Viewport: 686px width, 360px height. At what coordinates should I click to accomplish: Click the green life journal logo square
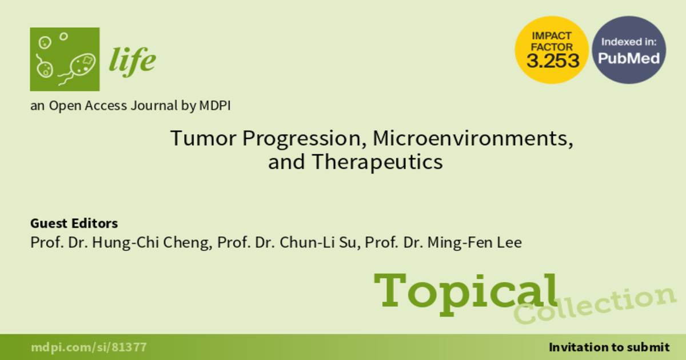65,59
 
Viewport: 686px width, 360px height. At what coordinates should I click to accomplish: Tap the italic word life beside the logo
132,61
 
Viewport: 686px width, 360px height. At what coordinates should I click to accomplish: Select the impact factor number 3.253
553,61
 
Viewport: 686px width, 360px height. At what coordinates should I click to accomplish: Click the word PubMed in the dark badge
629,58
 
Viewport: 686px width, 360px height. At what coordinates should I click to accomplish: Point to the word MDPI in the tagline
215,106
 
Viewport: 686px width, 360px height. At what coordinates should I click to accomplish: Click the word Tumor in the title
204,138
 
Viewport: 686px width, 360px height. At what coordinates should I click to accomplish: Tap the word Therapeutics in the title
377,162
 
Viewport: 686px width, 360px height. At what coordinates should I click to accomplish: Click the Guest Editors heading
74,223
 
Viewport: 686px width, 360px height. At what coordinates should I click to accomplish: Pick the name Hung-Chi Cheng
152,242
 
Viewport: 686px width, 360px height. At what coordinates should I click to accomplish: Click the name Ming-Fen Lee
474,242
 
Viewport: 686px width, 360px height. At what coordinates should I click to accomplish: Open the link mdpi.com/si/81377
89,347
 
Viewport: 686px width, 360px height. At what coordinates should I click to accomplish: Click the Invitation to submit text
609,347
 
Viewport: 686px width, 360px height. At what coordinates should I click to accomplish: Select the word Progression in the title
304,139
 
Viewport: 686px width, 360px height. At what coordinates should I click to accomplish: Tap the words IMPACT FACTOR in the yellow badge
552,41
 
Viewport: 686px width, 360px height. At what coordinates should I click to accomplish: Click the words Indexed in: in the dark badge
629,42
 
